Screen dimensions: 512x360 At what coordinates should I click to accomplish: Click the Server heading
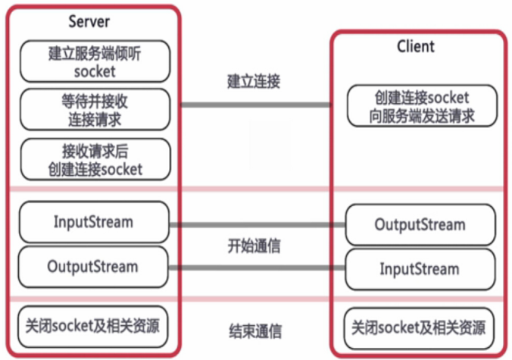coord(89,22)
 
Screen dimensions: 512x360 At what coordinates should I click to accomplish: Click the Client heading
coord(416,46)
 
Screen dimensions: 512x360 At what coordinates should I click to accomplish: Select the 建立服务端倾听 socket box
coord(95,61)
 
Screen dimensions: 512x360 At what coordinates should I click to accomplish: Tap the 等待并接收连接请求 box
coord(95,110)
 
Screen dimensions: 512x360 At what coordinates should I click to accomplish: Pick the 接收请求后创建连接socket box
coord(95,159)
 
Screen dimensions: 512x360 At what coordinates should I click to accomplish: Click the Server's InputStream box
coord(94,222)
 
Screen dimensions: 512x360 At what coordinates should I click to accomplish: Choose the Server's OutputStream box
coord(93,267)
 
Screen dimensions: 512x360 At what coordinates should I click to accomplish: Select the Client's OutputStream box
coord(420,225)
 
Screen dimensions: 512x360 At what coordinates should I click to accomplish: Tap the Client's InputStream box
coord(420,269)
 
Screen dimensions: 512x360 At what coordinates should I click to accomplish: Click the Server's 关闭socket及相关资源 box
coord(93,327)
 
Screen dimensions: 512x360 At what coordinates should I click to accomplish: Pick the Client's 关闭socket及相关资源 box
coord(420,328)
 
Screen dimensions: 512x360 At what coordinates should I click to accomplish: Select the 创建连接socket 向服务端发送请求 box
coord(422,106)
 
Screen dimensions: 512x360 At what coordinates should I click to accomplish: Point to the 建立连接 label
coord(254,81)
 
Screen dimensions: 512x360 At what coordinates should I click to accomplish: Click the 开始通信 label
coord(254,246)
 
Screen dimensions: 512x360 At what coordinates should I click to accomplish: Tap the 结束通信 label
coord(255,331)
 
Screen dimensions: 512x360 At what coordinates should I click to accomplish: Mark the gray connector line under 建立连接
coord(256,105)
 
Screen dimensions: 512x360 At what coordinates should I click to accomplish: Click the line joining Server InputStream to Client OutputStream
coord(258,225)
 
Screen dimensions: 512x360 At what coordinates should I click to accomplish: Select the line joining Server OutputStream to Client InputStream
coord(257,268)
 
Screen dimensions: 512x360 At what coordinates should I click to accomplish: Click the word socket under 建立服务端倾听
coord(95,72)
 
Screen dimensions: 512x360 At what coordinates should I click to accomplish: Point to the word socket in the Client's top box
coord(448,98)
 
